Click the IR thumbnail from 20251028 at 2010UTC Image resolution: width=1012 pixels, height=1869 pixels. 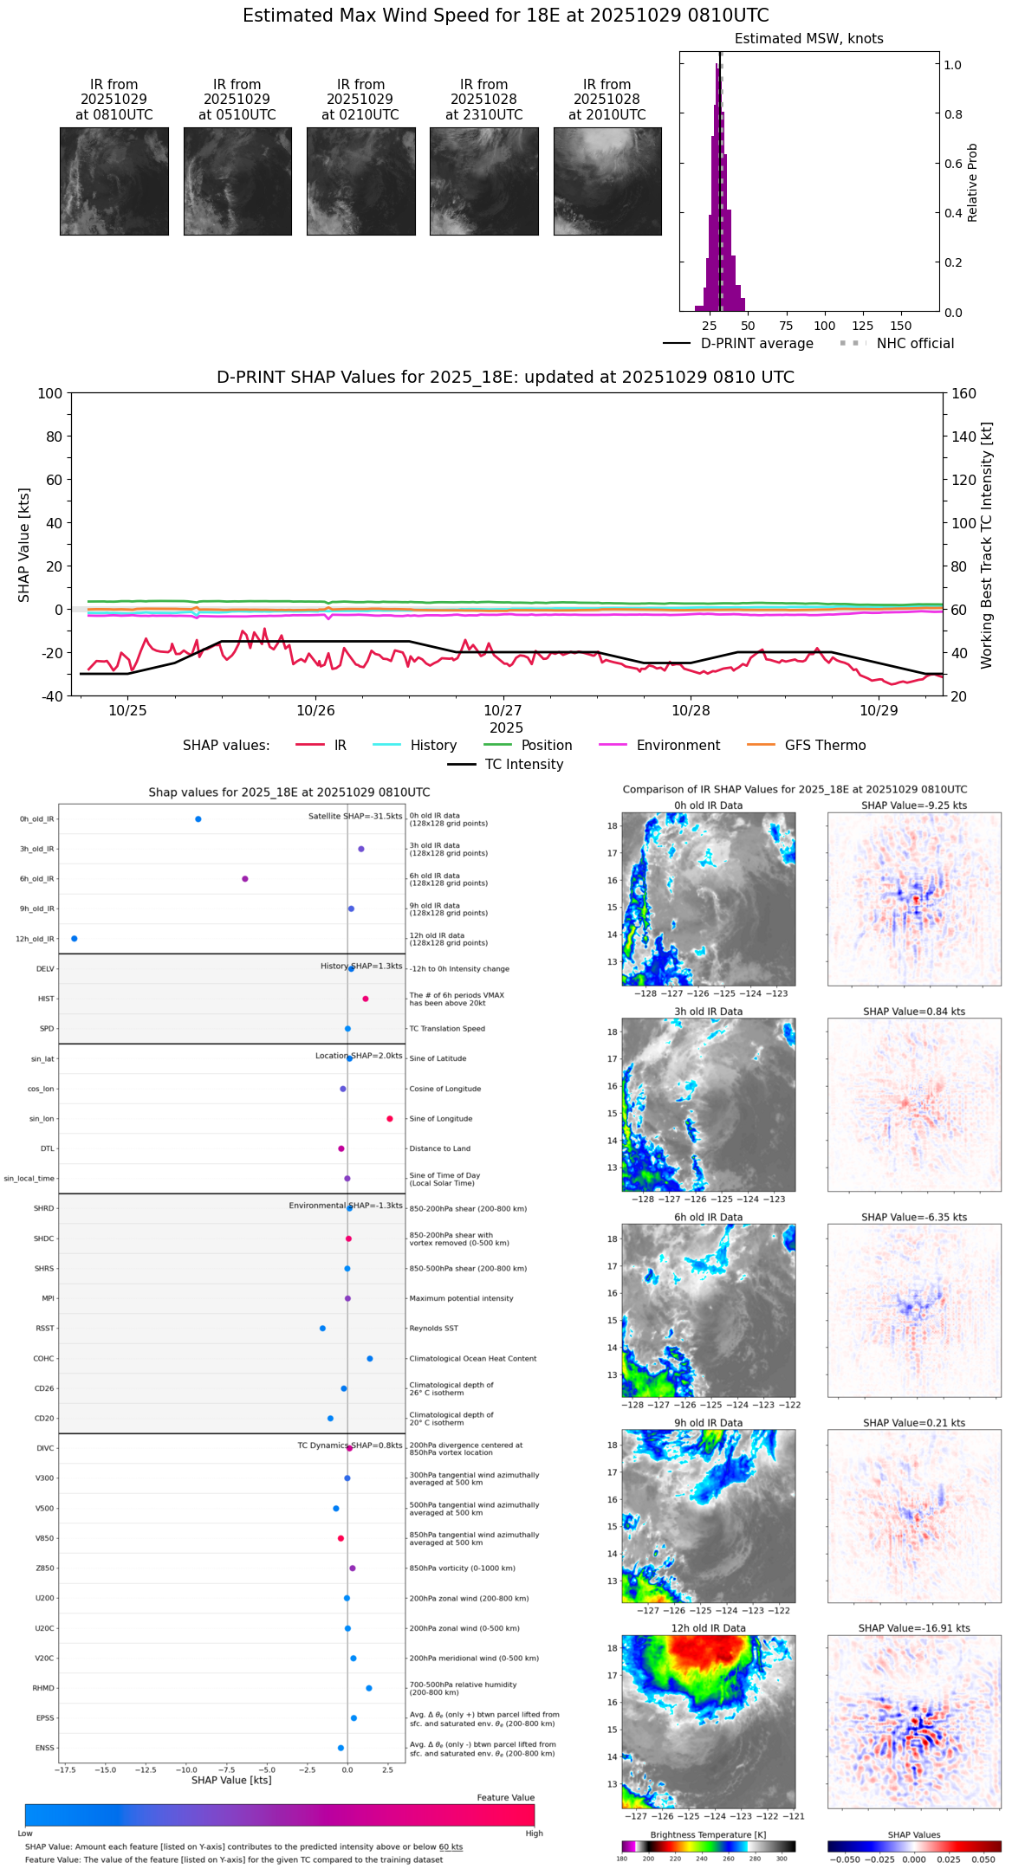coord(607,181)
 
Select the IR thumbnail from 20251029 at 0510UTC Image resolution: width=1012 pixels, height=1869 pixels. coord(237,181)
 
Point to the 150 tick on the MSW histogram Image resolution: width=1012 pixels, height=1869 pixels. coord(901,326)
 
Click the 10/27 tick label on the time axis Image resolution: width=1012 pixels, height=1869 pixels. coord(503,711)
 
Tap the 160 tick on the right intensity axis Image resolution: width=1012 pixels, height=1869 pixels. coord(963,394)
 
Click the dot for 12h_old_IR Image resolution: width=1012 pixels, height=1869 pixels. coord(75,939)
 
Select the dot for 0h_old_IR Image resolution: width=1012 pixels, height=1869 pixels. coord(198,819)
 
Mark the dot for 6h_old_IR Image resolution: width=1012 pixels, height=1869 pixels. coord(245,879)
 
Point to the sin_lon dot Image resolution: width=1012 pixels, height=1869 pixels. coord(390,1119)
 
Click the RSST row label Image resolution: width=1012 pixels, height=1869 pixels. coord(45,1329)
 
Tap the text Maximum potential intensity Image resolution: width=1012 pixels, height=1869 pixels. coord(461,1299)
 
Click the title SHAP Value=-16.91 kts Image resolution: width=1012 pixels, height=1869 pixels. coord(914,1629)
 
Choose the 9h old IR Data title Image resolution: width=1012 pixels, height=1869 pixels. coord(708,1423)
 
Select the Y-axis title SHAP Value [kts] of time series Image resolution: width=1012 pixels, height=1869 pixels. coord(24,545)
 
